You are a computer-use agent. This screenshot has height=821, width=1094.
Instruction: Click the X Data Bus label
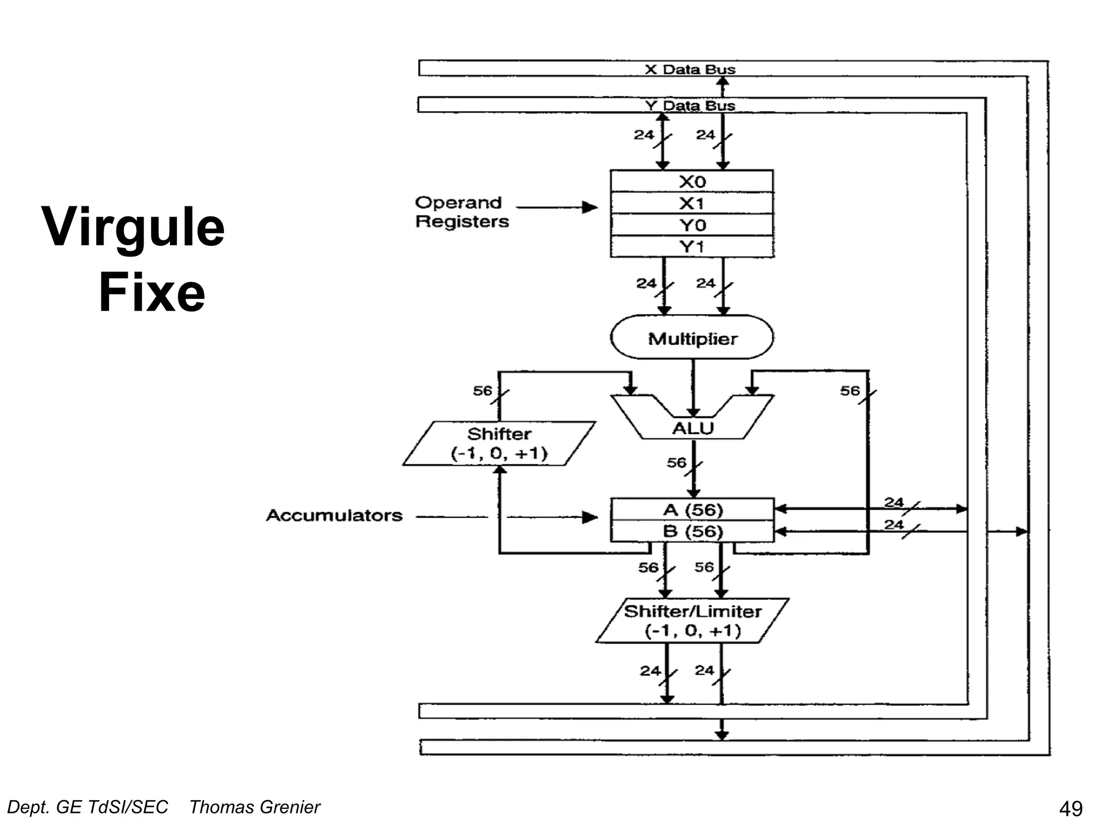(x=690, y=69)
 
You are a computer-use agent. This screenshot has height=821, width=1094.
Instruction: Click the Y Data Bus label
(x=690, y=106)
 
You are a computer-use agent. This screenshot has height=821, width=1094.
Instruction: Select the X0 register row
(x=692, y=182)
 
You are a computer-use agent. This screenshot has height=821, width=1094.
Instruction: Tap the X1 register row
(x=692, y=204)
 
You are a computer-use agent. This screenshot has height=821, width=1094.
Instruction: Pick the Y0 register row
(x=692, y=225)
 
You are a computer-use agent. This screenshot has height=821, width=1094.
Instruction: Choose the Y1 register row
(x=692, y=247)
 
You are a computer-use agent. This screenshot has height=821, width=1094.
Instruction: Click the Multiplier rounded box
(x=692, y=338)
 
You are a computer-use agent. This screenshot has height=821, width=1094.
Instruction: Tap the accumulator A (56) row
(x=692, y=510)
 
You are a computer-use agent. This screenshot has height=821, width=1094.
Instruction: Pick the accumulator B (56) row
(x=692, y=532)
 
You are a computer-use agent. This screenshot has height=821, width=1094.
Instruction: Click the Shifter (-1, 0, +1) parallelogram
(x=499, y=444)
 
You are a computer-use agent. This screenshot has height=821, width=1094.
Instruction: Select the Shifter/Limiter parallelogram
(x=692, y=621)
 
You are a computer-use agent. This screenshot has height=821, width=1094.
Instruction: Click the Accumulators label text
(x=334, y=516)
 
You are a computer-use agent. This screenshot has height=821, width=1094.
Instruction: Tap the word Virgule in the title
(x=133, y=228)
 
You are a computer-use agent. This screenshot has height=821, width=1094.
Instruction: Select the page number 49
(x=1070, y=809)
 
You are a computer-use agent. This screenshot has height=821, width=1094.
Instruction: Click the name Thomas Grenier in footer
(x=254, y=807)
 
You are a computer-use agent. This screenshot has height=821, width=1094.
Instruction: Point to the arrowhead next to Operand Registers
(x=590, y=207)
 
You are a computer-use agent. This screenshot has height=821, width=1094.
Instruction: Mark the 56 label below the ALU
(x=676, y=462)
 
